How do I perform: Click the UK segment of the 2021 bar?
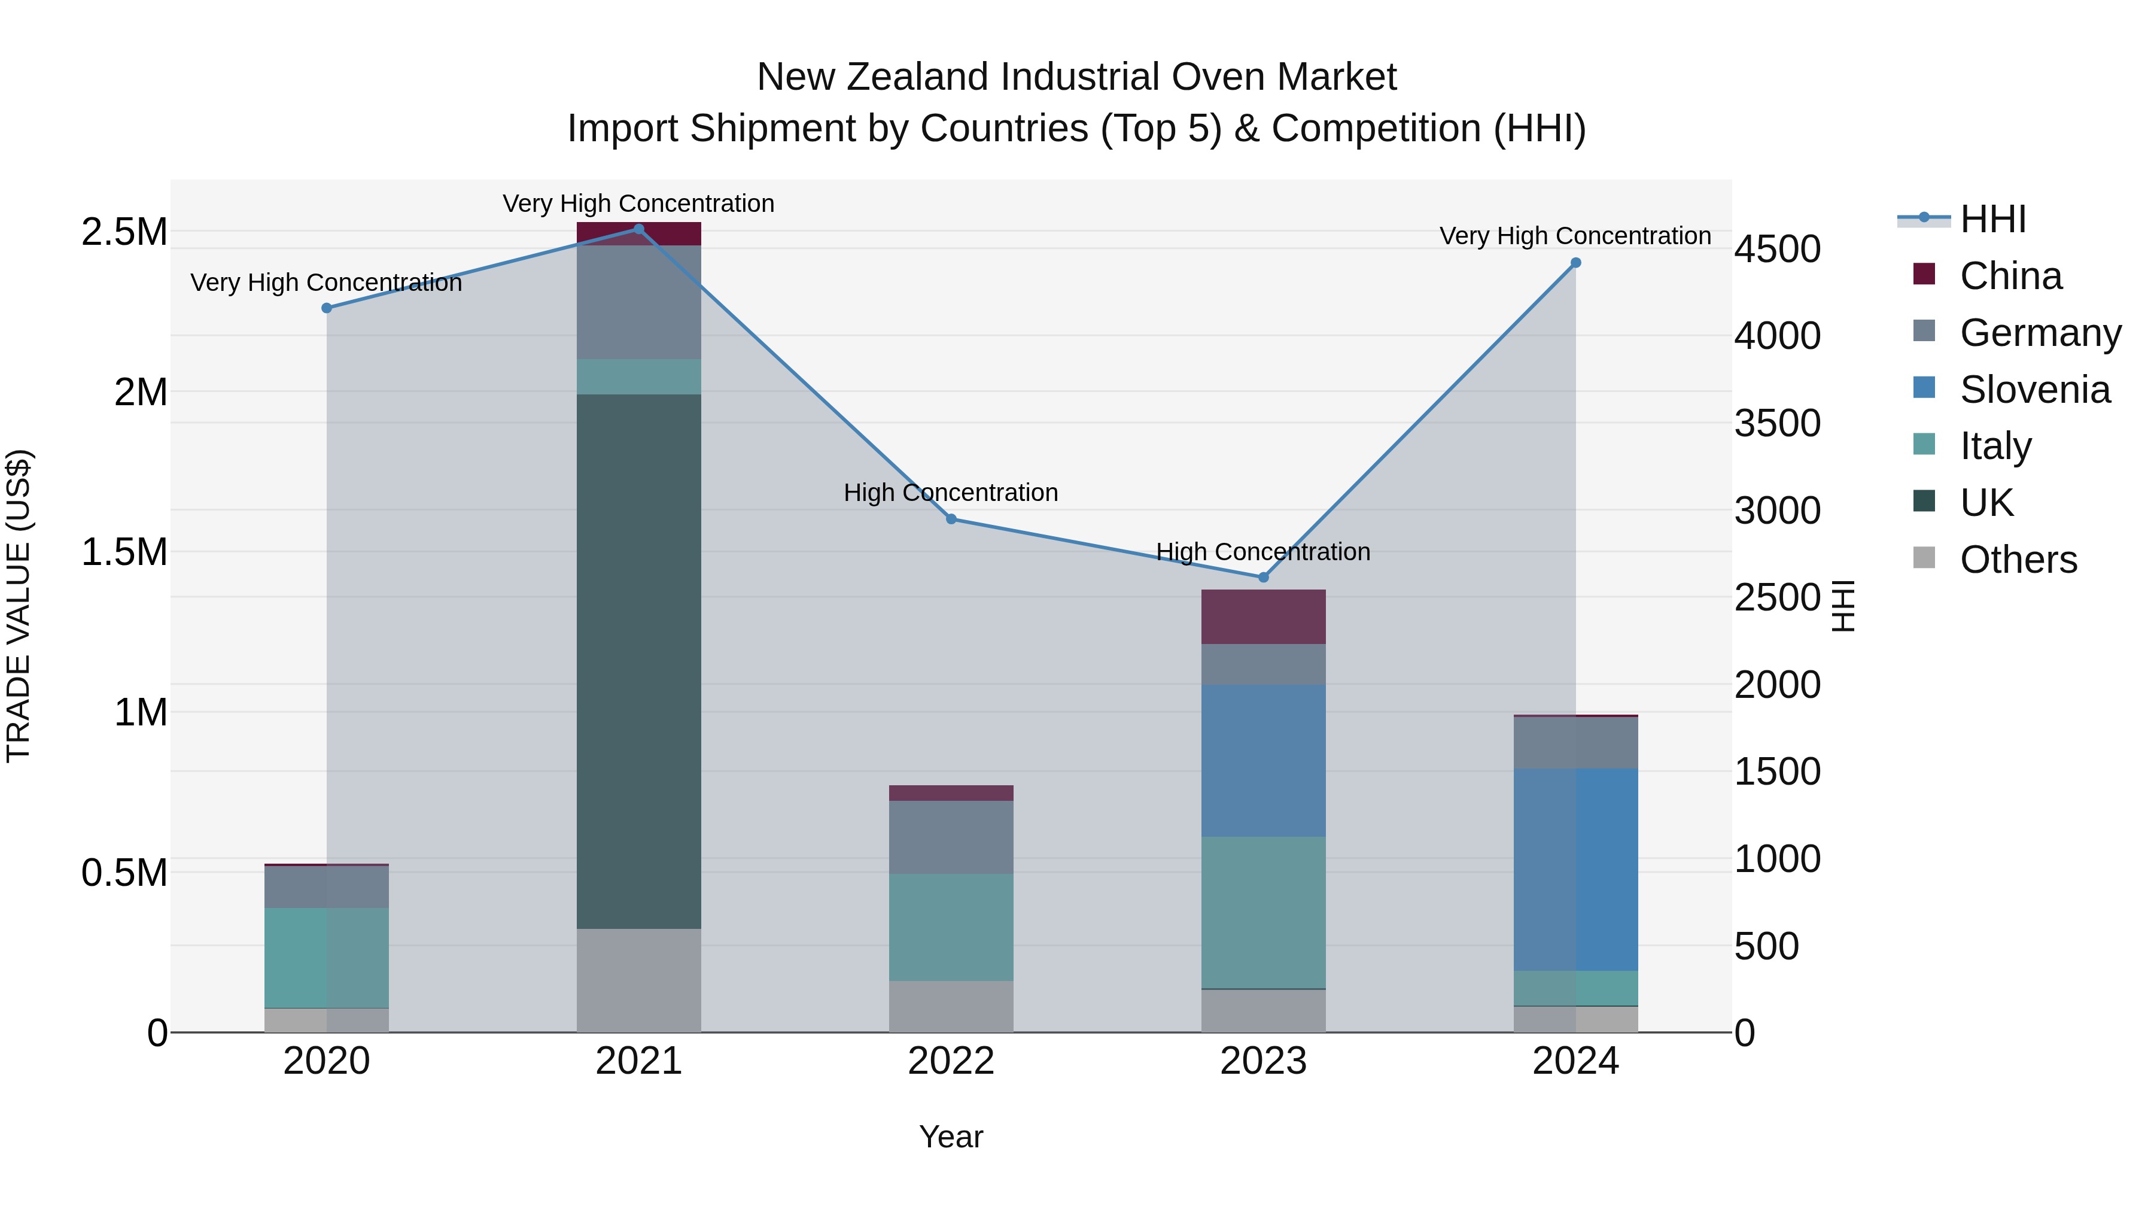(639, 661)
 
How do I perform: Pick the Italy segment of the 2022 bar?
(951, 927)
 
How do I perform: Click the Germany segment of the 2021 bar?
(639, 302)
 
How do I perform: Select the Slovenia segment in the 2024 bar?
(1575, 869)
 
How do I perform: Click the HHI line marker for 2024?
(1575, 263)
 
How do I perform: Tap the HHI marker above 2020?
(327, 308)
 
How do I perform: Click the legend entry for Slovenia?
(2034, 390)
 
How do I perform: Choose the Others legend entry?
(2017, 560)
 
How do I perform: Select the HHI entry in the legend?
(1992, 219)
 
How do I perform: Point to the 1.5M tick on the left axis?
(124, 552)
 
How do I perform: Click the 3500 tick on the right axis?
(1777, 423)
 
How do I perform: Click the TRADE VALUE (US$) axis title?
(19, 606)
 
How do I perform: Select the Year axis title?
(951, 1137)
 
